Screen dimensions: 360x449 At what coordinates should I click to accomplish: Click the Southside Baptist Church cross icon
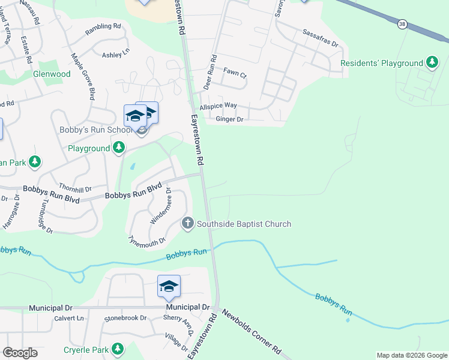187,224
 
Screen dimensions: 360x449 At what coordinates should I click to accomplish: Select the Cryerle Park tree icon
118,349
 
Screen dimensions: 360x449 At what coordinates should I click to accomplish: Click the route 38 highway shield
402,23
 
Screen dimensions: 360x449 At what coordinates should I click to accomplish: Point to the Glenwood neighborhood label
52,74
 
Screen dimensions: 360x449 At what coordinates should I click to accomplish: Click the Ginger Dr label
229,119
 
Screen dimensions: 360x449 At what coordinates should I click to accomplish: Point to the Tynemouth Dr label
146,241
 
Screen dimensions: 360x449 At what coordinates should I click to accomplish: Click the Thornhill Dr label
74,187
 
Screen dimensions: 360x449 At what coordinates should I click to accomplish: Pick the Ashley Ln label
116,55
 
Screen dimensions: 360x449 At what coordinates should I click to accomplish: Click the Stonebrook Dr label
125,318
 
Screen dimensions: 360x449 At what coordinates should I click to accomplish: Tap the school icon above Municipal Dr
169,287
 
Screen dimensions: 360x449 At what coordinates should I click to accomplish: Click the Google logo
20,353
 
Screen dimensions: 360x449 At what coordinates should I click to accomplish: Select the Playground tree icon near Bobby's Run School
119,148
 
